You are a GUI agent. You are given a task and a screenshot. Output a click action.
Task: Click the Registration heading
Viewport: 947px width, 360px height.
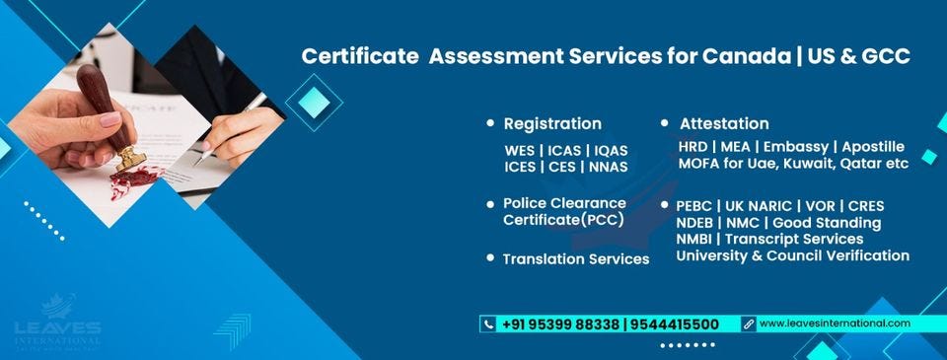tap(551, 124)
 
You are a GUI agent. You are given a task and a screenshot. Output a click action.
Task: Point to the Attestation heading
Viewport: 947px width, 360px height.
tap(724, 124)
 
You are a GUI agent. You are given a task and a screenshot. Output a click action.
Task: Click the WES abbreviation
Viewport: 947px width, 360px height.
tap(520, 151)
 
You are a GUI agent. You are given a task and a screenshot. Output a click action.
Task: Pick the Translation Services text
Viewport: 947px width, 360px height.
tap(576, 258)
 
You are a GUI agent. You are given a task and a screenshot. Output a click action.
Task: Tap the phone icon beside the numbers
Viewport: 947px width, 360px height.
tap(488, 324)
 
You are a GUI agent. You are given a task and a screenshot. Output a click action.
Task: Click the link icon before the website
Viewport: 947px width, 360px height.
tap(749, 324)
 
